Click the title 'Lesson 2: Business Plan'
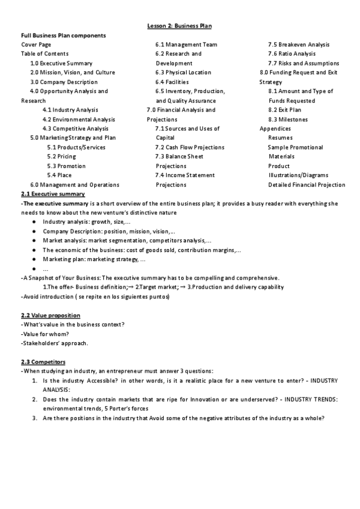[x=180, y=26]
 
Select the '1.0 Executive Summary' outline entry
[x=61, y=63]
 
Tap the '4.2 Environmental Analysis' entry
[x=79, y=119]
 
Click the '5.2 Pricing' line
[x=62, y=157]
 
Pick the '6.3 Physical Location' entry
[x=184, y=73]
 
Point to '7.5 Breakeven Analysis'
[x=298, y=44]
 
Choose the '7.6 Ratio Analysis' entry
[x=292, y=54]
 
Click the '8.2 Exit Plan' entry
[x=285, y=110]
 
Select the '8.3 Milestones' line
[x=288, y=119]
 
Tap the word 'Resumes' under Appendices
[x=280, y=138]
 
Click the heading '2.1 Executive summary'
[x=53, y=194]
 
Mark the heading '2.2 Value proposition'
[x=50, y=315]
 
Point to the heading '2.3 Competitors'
[x=43, y=362]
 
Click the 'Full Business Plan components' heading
[x=64, y=35]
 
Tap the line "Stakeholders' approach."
[x=55, y=343]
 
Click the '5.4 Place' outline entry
[x=59, y=175]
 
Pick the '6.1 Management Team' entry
[x=186, y=44]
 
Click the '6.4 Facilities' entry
[x=172, y=82]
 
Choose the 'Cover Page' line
[x=36, y=44]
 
